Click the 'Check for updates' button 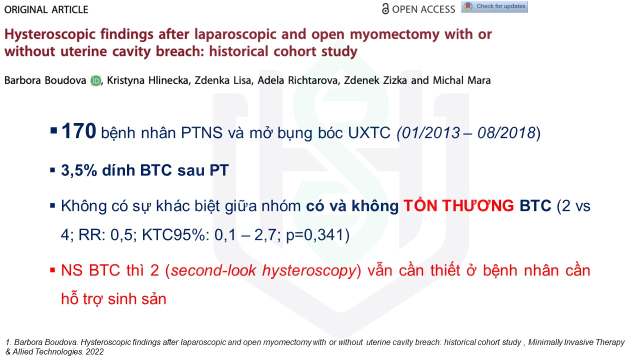[x=494, y=7]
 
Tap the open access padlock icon [x=385, y=9]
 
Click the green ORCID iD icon [x=95, y=81]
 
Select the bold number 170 [x=78, y=131]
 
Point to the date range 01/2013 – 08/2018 [x=468, y=133]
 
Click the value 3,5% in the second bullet [x=79, y=170]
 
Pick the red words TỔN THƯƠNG [x=458, y=205]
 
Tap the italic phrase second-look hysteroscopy [x=263, y=270]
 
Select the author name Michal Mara [x=461, y=80]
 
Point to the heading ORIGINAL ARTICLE [x=46, y=9]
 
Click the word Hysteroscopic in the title [x=50, y=35]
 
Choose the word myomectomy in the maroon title [x=394, y=35]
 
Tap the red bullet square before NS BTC [x=52, y=270]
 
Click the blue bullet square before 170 [x=53, y=131]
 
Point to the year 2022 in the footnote [x=94, y=351]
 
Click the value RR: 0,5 [x=105, y=235]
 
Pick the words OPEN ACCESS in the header [x=423, y=9]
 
